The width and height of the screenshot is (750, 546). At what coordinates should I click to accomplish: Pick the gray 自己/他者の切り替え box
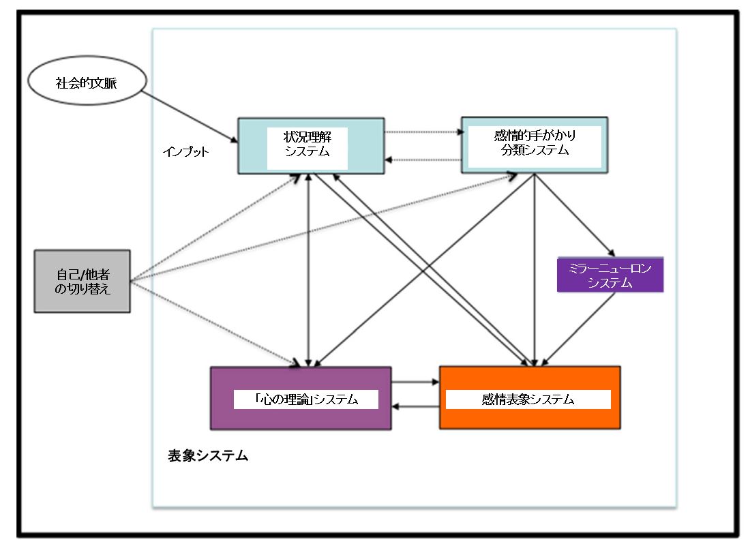(82, 281)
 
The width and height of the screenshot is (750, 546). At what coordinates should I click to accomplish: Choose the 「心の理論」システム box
(301, 398)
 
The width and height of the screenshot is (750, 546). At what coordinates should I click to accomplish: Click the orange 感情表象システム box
(530, 398)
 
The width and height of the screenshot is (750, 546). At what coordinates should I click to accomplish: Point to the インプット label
(187, 152)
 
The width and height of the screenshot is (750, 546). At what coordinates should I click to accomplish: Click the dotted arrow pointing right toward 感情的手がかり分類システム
(423, 132)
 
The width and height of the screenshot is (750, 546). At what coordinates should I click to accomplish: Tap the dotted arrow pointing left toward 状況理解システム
(423, 160)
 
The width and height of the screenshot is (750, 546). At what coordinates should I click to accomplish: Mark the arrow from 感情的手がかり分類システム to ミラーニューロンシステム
(576, 213)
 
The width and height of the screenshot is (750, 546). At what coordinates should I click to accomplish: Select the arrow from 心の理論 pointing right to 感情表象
(415, 382)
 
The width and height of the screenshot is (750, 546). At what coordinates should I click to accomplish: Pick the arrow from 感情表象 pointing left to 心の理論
(415, 407)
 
